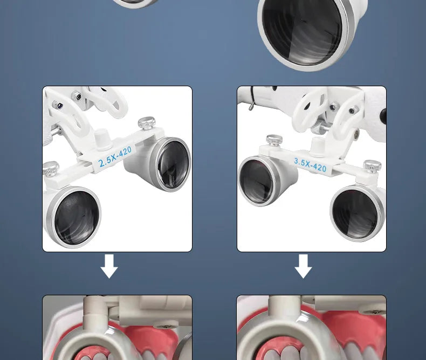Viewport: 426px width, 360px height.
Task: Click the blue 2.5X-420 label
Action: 115,157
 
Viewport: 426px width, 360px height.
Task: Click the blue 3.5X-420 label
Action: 310,165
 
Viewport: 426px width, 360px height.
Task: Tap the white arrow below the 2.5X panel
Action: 109,266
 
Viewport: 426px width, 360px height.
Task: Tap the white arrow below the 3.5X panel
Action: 303,266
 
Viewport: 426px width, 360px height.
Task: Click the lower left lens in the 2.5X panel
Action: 74,217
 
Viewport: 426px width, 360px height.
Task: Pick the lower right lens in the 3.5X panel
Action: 357,213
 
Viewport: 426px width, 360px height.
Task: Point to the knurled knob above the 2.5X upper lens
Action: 147,123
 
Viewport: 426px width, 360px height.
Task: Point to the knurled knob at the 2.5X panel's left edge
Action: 51,169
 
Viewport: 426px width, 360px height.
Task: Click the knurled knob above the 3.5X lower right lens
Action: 372,167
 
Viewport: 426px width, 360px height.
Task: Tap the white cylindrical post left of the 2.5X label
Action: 101,139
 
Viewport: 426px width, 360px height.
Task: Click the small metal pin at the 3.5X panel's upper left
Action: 251,106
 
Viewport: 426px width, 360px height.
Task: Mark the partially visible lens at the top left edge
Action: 135,3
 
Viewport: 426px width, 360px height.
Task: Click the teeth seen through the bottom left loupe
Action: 92,353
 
